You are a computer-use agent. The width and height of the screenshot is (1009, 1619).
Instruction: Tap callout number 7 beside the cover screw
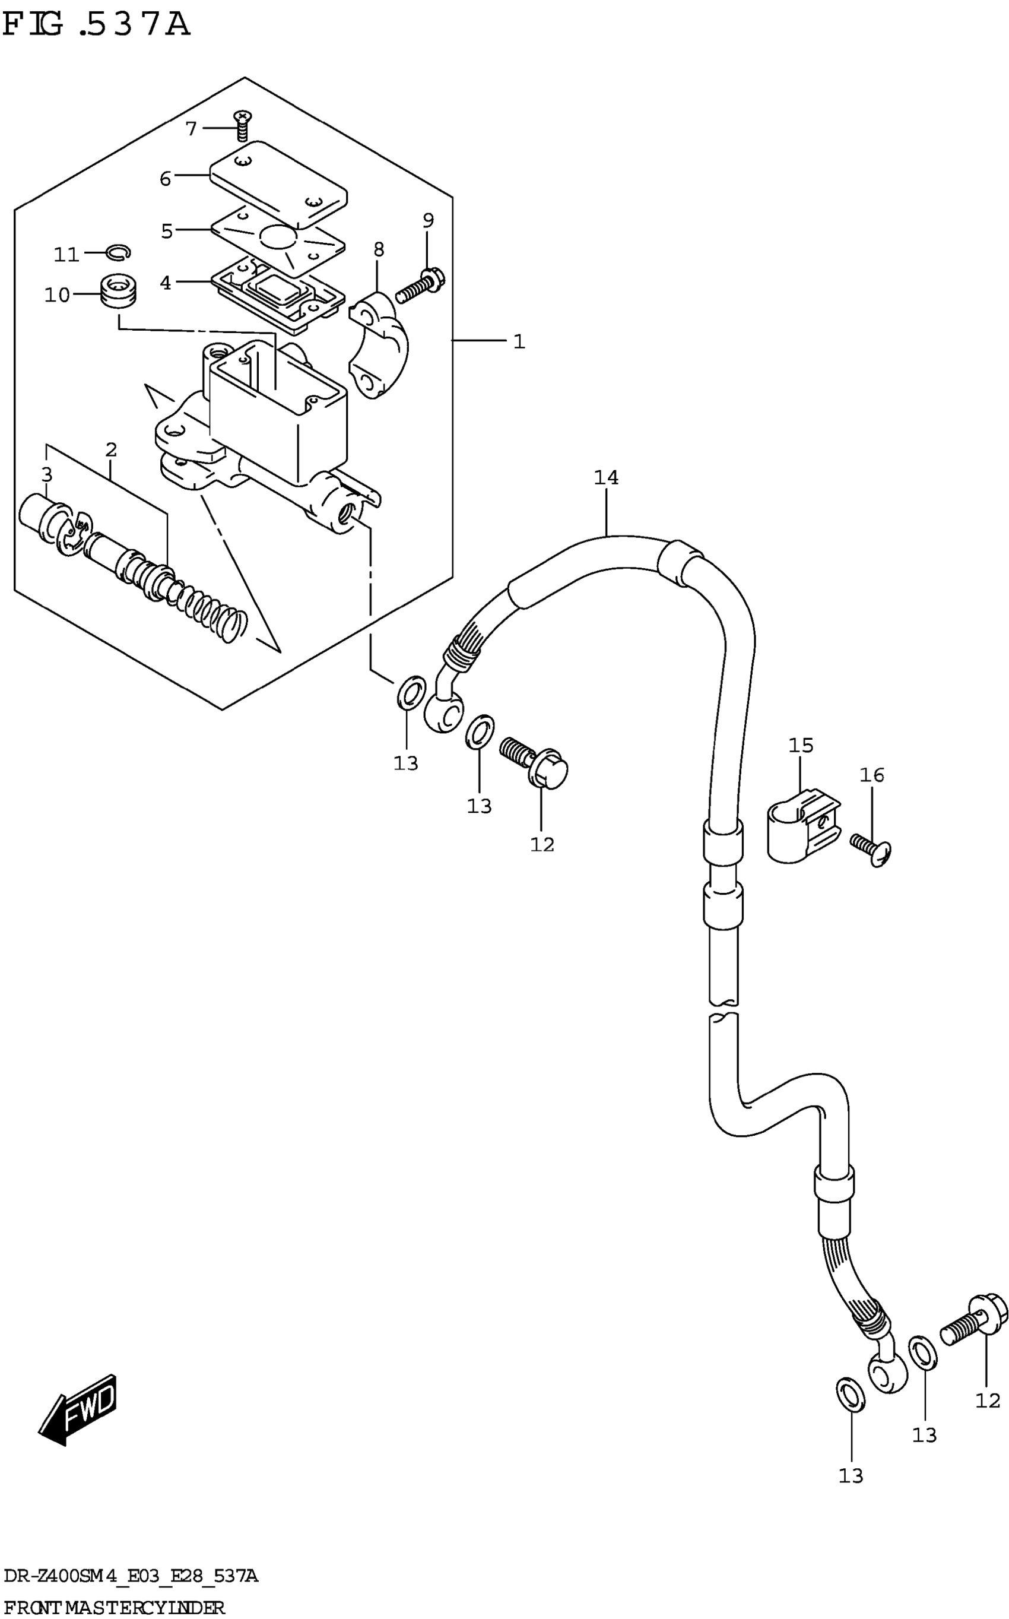click(192, 128)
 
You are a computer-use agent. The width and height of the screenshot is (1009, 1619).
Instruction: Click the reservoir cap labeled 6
click(278, 182)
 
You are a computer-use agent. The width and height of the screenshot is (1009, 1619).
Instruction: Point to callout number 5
click(167, 231)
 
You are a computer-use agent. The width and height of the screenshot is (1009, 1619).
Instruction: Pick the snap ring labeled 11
click(119, 252)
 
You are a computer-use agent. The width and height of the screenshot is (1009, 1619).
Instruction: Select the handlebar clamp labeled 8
click(379, 347)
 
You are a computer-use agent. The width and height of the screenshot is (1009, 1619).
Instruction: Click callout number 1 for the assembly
click(519, 342)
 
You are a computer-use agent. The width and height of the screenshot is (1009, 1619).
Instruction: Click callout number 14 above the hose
click(606, 478)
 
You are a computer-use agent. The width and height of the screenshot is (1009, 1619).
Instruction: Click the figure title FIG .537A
click(97, 25)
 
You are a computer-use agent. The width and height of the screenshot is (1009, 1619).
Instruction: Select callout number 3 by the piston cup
click(46, 474)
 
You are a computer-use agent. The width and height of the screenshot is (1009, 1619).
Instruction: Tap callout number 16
click(871, 775)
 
